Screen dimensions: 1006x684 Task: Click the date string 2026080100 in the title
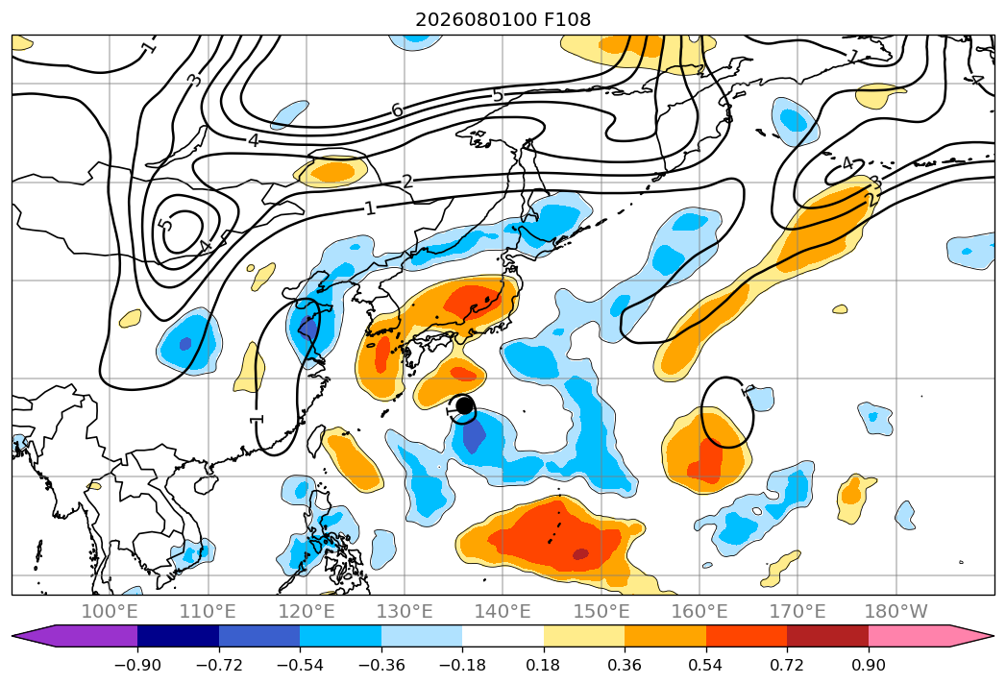(x=476, y=20)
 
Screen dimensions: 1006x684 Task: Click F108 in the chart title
(x=567, y=20)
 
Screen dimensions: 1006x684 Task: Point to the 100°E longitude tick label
(x=110, y=612)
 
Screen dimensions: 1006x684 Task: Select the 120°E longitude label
(x=307, y=612)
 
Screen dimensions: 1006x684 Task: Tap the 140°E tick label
(x=503, y=612)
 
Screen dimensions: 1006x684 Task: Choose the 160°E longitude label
(x=699, y=612)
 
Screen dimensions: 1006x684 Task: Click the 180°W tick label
(x=896, y=612)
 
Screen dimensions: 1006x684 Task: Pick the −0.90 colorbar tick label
(x=137, y=666)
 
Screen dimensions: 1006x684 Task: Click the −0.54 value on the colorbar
(x=300, y=666)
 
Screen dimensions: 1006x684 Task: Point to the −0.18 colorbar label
(x=462, y=666)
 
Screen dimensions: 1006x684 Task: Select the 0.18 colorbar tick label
(x=544, y=666)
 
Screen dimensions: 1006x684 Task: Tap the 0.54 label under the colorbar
(x=706, y=666)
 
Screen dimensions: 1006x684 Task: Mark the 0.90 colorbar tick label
(x=868, y=666)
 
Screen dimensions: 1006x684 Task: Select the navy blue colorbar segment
(x=178, y=635)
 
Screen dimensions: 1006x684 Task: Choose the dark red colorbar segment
(x=827, y=635)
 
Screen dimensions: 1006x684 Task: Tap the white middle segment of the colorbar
(x=503, y=635)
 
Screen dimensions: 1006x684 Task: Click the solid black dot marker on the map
(x=464, y=406)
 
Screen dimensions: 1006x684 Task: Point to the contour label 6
(x=398, y=110)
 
